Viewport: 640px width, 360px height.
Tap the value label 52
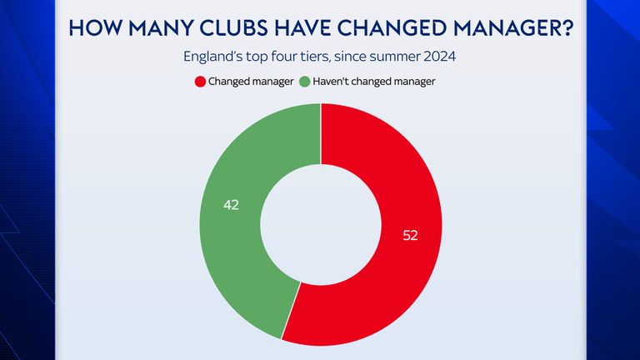point(409,236)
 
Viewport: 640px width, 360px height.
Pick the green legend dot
point(306,81)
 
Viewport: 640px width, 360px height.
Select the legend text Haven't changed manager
point(374,81)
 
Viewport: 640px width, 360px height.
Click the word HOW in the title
point(92,27)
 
